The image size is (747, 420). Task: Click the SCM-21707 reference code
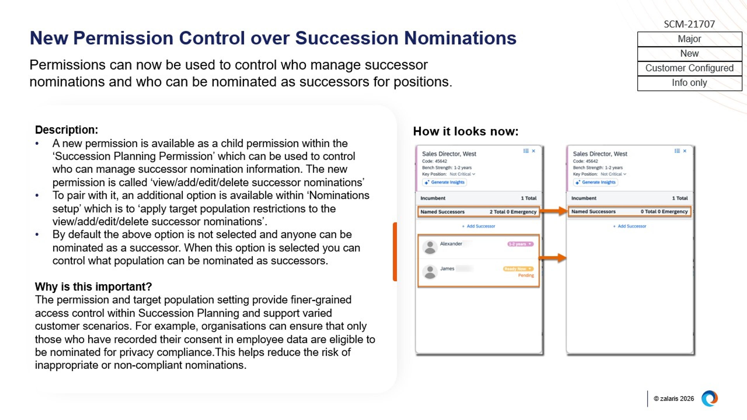pyautogui.click(x=689, y=24)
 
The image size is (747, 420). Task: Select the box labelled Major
pyautogui.click(x=689, y=39)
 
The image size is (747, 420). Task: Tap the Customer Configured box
pyautogui.click(x=689, y=68)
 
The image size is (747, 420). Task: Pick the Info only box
pyautogui.click(x=689, y=83)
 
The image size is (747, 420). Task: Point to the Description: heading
pyautogui.click(x=66, y=130)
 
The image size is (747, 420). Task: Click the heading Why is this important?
pyautogui.click(x=93, y=287)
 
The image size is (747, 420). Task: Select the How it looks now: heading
pyautogui.click(x=466, y=131)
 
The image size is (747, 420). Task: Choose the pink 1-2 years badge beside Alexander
pyautogui.click(x=520, y=244)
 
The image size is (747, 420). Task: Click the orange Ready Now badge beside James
pyautogui.click(x=518, y=269)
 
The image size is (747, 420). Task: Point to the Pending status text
pyautogui.click(x=526, y=275)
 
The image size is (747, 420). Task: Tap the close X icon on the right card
pyautogui.click(x=685, y=151)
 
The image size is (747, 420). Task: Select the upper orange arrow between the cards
pyautogui.click(x=553, y=211)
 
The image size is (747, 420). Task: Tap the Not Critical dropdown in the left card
pyautogui.click(x=462, y=174)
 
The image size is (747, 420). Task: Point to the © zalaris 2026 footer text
pyautogui.click(x=674, y=399)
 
